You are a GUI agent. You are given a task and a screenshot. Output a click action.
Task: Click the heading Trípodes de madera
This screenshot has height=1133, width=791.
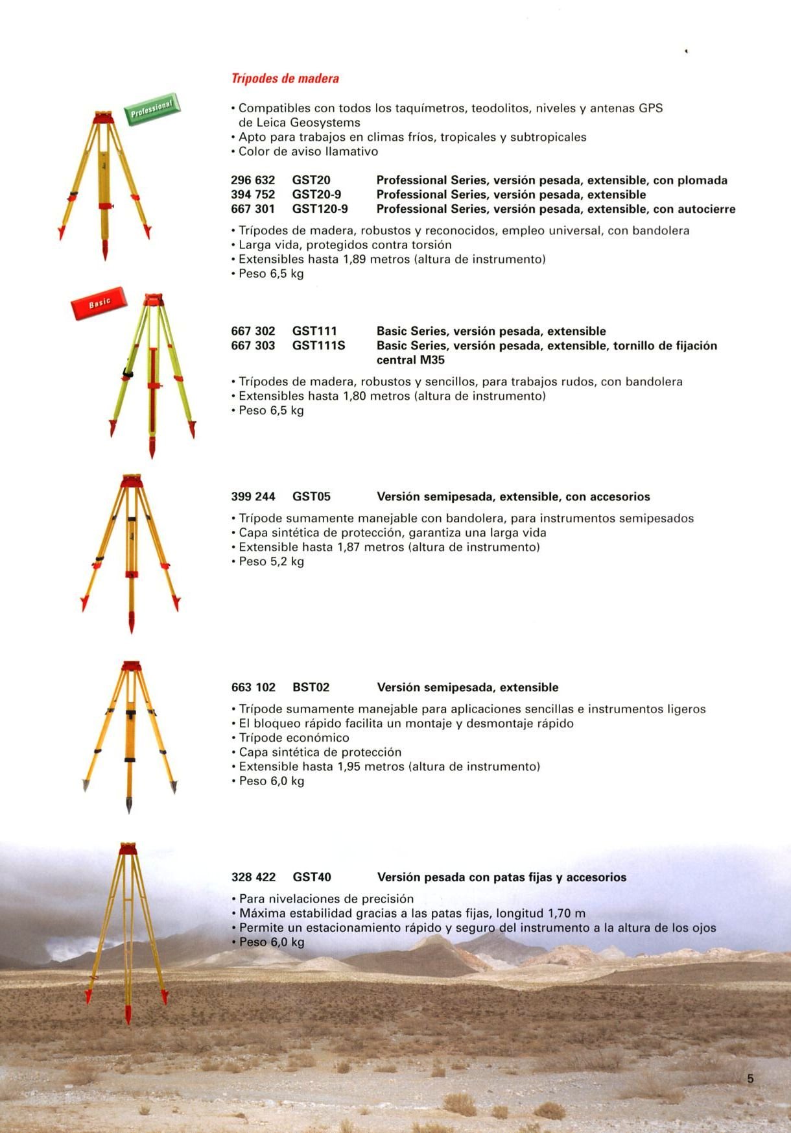pyautogui.click(x=285, y=79)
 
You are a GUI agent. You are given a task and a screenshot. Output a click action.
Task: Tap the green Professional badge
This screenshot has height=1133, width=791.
pyautogui.click(x=152, y=108)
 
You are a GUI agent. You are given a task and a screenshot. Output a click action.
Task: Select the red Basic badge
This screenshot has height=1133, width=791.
pyautogui.click(x=99, y=303)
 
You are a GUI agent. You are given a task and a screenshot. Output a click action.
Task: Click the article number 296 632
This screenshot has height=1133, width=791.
pyautogui.click(x=253, y=180)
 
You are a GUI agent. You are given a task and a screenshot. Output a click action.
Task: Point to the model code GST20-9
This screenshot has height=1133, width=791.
pyautogui.click(x=316, y=195)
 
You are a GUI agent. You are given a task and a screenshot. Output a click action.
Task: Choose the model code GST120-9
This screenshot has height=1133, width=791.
pyautogui.click(x=320, y=209)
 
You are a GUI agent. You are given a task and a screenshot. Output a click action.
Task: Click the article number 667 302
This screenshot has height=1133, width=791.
pyautogui.click(x=253, y=331)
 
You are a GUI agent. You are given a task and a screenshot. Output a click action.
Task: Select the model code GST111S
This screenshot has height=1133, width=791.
pyautogui.click(x=318, y=345)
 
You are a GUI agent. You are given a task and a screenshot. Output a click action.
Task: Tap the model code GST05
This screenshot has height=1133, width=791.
pyautogui.click(x=311, y=496)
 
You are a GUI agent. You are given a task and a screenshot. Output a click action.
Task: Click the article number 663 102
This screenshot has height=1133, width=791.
pyautogui.click(x=254, y=687)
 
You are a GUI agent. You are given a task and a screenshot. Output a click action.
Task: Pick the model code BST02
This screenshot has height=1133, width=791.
pyautogui.click(x=311, y=687)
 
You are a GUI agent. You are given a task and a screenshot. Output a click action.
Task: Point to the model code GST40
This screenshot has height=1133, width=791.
pyautogui.click(x=312, y=877)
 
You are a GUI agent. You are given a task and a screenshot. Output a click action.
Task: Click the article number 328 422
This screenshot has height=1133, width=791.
pyautogui.click(x=254, y=877)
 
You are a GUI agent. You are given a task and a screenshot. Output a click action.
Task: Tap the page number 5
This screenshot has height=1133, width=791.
pyautogui.click(x=751, y=1079)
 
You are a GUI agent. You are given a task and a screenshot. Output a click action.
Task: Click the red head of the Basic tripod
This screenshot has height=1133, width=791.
pyautogui.click(x=154, y=299)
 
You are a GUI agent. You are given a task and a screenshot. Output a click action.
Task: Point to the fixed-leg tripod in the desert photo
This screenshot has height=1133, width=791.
pyautogui.click(x=128, y=928)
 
